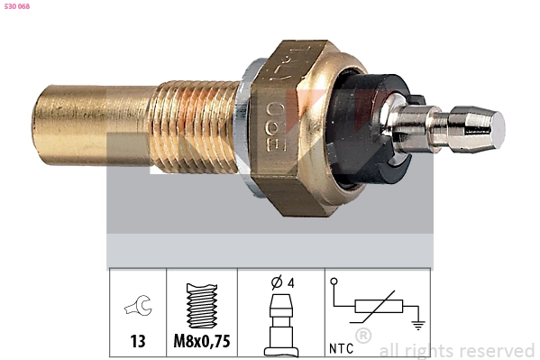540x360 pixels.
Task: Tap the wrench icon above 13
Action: [137, 309]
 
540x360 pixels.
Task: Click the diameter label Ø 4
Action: [282, 282]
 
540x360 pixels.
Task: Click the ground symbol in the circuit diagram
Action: [416, 320]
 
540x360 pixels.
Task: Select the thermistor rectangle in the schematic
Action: [378, 307]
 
